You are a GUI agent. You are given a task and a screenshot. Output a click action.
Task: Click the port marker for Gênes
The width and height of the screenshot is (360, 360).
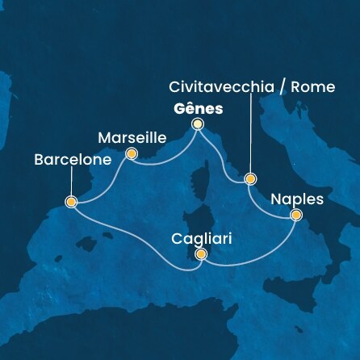pyautogui.click(x=198, y=124)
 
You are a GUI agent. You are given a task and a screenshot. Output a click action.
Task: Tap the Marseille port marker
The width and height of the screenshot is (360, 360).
pyautogui.click(x=132, y=153)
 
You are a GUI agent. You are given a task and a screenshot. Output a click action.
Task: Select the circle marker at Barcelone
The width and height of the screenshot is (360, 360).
pyautogui.click(x=71, y=202)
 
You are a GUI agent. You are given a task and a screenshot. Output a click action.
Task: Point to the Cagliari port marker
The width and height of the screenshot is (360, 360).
pyautogui.click(x=201, y=255)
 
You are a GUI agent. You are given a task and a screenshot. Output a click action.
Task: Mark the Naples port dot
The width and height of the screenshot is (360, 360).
pyautogui.click(x=295, y=215)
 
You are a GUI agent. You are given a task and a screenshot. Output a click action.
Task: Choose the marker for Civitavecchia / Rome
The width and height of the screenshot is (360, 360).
pyautogui.click(x=250, y=178)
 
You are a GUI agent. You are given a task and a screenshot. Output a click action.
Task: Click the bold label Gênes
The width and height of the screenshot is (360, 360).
pyautogui.click(x=197, y=107)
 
